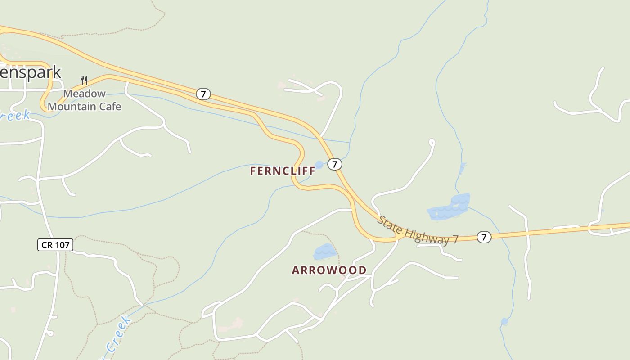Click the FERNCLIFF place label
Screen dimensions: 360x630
pos(283,171)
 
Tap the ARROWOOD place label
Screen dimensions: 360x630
pos(329,270)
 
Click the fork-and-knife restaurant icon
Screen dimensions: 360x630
pos(84,81)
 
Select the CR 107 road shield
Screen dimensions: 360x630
pos(55,245)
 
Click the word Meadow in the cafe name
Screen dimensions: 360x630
pos(84,94)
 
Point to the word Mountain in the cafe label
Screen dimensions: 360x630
pos(72,107)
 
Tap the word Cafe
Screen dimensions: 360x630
pos(110,107)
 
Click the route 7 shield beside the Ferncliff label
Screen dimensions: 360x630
pos(334,164)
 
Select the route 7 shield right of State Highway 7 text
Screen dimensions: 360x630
pos(484,237)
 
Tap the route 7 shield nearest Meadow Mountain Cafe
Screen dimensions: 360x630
pos(203,94)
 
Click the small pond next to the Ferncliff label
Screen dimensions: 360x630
pos(319,165)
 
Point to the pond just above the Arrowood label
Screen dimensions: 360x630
pos(324,252)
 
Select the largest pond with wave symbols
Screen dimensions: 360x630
pos(450,208)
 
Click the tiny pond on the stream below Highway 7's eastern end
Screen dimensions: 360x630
pos(504,321)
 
